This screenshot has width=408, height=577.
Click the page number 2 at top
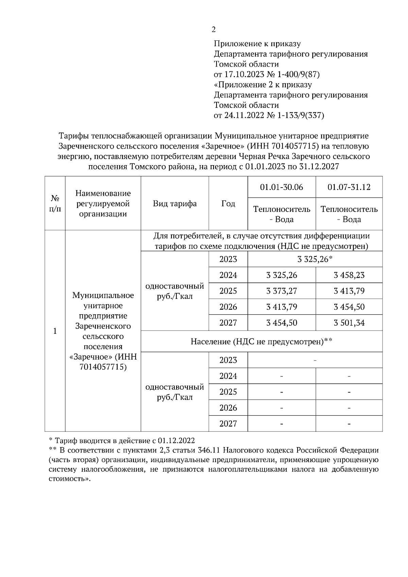point(214,30)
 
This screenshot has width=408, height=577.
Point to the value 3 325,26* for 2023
point(314,259)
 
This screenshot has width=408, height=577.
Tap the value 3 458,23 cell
point(349,275)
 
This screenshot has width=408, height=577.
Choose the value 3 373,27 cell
point(282,291)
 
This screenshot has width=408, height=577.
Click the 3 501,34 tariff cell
point(349,323)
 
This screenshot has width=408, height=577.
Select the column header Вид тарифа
point(175,204)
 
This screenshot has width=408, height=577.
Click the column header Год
point(228,204)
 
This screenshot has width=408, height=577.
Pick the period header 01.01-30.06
point(282,187)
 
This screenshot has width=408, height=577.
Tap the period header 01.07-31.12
point(349,187)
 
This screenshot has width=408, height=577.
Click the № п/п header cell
point(55,204)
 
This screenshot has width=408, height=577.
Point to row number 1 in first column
point(55,331)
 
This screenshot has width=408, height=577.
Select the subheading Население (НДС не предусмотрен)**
point(261,341)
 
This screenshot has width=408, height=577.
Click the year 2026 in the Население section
point(228,408)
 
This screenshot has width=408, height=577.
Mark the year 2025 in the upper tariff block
point(228,291)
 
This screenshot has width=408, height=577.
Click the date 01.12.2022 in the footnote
point(176,441)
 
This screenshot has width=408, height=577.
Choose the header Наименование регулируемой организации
point(103,204)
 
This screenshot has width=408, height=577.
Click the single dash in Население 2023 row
point(315,360)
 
